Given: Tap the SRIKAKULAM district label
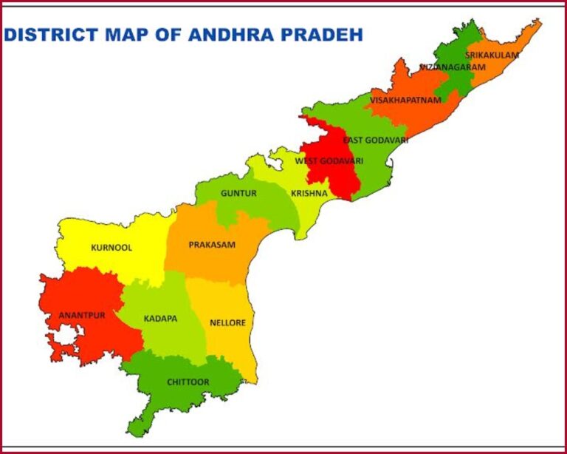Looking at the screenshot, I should [492, 55].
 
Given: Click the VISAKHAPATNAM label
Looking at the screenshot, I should [405, 100].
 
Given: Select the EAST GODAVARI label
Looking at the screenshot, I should [375, 140].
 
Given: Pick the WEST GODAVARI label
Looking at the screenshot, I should [329, 160].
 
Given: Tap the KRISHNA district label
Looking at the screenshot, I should [309, 193].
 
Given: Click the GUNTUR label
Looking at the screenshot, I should [238, 193].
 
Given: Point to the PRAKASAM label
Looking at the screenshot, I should [212, 245].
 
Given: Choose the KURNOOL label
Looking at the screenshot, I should [111, 248].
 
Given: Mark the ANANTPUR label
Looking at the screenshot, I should [81, 315].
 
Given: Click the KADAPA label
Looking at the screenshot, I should [160, 318].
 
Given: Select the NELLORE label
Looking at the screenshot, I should [227, 323].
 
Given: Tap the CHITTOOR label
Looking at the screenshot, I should [188, 382].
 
